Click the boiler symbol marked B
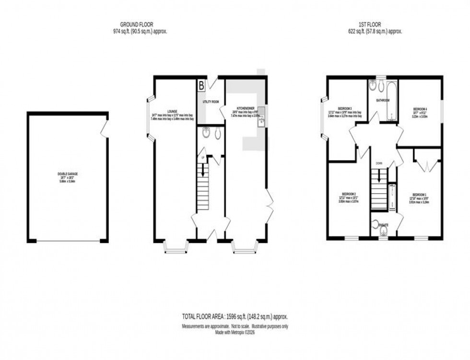pyautogui.click(x=201, y=86)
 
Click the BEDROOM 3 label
pyautogui.click(x=344, y=108)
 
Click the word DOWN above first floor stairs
pyautogui.click(x=379, y=163)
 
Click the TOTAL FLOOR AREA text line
pyautogui.click(x=235, y=317)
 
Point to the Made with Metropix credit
pyautogui.click(x=235, y=331)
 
